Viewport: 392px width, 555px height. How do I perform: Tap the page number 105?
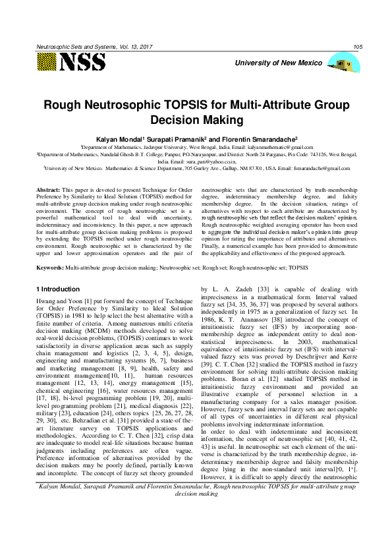tap(358, 46)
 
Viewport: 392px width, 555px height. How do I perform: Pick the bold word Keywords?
tap(49, 268)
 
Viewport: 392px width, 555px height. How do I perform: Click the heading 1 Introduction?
tap(57, 289)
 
